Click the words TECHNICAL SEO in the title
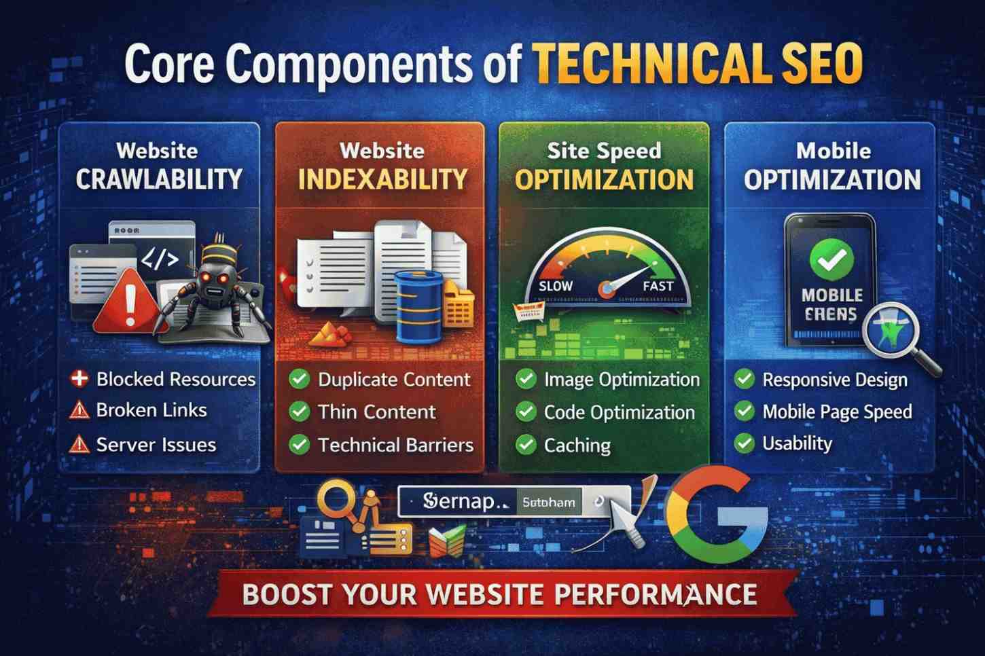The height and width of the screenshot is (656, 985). [696, 64]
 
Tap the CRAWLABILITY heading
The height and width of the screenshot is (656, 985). [159, 179]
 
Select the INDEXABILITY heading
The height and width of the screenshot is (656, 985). [383, 179]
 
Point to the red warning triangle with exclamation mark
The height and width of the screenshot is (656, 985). [127, 302]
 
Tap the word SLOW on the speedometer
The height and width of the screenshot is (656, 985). [555, 286]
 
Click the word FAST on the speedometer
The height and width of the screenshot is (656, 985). [657, 286]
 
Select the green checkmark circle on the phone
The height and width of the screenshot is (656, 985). [831, 259]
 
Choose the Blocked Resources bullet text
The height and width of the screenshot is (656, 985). [175, 379]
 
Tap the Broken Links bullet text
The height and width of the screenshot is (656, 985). [151, 410]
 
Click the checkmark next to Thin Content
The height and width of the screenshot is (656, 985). [300, 411]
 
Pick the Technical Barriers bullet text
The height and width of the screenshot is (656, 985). [395, 445]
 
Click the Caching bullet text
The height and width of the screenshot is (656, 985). [577, 445]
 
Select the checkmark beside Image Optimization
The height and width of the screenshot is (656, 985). [526, 379]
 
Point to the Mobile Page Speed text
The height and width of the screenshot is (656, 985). [837, 412]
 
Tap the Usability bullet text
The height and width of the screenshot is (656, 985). [797, 443]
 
